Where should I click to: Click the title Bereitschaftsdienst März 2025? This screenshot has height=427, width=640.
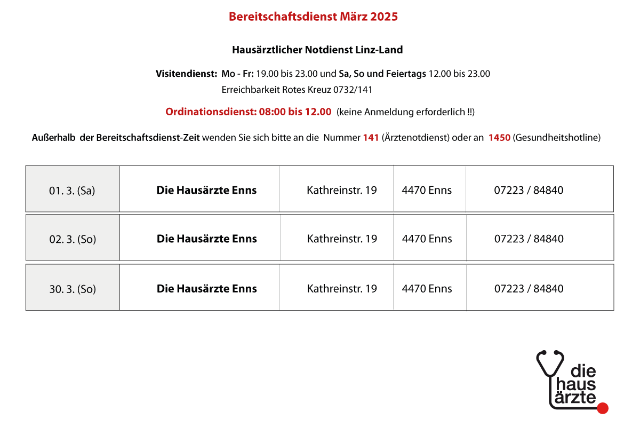point(313,17)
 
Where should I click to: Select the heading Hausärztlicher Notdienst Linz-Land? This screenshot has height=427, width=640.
point(317,50)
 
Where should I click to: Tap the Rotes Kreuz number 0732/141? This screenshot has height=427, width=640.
point(353,90)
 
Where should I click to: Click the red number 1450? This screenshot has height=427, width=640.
point(499,138)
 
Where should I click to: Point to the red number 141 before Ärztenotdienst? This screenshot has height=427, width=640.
point(371,138)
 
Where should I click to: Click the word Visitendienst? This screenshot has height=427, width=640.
point(186,74)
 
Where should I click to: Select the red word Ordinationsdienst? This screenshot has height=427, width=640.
point(211,112)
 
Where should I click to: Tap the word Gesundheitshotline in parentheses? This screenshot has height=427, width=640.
point(557,138)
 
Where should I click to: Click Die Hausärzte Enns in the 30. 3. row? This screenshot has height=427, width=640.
point(206,289)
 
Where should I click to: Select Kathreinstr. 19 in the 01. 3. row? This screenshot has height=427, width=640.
point(342,190)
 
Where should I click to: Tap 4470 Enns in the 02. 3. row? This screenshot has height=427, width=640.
point(427,239)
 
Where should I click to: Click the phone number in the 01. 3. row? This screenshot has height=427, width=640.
point(529,190)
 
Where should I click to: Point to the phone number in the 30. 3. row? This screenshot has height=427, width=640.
point(529,289)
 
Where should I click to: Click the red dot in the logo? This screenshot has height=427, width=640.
point(603,408)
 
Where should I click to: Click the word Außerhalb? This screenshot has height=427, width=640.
point(53,138)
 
